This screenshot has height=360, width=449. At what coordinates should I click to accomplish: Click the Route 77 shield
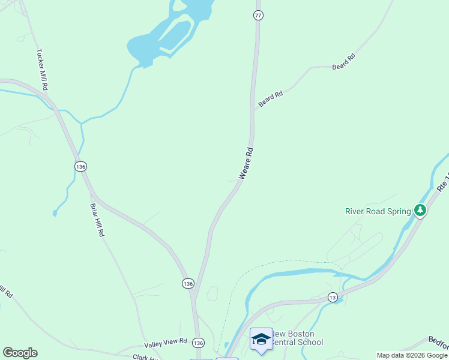point(258,16)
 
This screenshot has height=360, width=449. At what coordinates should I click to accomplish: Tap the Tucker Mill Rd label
point(42,70)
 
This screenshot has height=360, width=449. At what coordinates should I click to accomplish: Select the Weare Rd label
point(247,164)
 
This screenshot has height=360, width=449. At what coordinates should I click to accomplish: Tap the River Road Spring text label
point(378,211)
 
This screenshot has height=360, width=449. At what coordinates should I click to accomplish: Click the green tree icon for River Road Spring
point(421,210)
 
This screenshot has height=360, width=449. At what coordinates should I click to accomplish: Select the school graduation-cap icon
point(261,339)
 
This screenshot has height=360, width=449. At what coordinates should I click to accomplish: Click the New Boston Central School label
point(298,338)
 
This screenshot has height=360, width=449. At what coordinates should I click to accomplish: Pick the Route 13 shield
point(333,297)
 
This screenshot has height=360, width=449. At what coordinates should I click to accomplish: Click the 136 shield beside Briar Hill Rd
point(81,166)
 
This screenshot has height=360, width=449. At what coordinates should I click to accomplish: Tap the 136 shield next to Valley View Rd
point(199,343)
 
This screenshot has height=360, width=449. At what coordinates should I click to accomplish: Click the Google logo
point(20,353)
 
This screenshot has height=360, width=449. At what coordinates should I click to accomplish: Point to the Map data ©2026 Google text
point(412,356)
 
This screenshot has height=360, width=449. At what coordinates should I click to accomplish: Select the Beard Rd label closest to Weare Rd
point(270,100)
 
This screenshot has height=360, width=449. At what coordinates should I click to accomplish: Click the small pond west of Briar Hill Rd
point(55,212)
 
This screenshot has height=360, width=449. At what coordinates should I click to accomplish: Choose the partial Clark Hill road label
point(145,357)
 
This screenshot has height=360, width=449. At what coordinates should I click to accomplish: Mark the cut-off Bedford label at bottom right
point(438,341)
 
